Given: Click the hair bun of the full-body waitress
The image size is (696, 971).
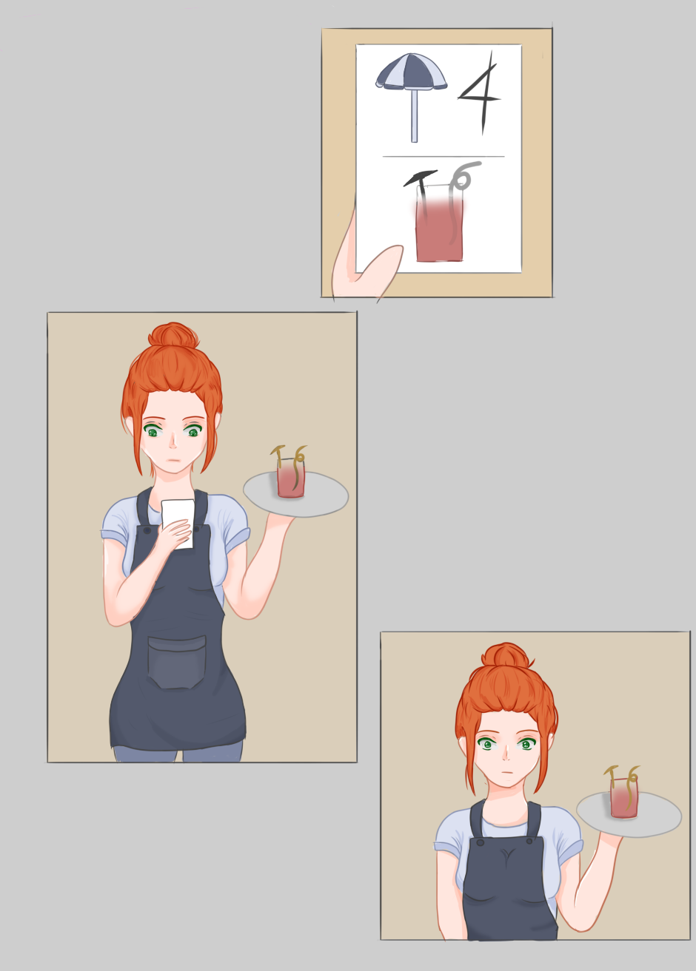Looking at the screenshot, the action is click(x=173, y=336).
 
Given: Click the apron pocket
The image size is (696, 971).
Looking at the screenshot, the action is click(x=177, y=662).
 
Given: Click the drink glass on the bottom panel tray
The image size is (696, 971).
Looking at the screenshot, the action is click(x=624, y=798).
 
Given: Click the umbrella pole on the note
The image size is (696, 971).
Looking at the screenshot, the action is click(x=415, y=116).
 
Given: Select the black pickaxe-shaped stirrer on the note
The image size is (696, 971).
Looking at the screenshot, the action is click(x=421, y=191).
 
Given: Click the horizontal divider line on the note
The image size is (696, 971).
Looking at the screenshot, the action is click(x=444, y=156).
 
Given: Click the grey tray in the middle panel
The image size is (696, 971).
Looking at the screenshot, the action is click(x=295, y=494).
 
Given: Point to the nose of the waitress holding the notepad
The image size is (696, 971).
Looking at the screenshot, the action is click(x=173, y=442).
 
